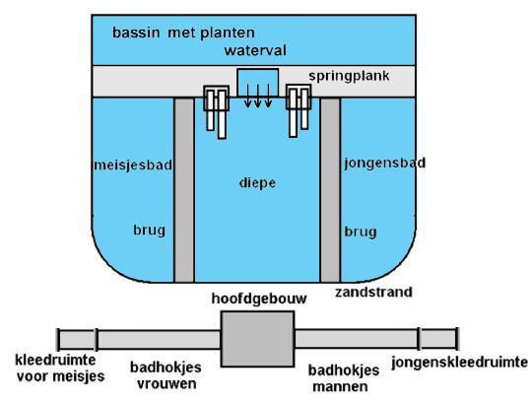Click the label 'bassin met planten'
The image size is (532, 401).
183,33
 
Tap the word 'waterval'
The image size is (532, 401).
255,50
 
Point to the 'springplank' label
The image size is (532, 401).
349,76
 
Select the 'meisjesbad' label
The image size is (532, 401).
133,166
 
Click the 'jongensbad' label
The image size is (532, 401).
385,164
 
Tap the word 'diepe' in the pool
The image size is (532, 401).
257,183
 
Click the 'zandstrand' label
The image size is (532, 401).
373,292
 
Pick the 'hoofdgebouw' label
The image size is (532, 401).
259,299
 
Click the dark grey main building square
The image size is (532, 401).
257,339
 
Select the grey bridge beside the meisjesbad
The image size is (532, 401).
184,190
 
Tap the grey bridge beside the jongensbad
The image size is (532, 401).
330,190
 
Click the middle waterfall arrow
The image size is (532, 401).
258,96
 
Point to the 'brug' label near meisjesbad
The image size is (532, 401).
150,231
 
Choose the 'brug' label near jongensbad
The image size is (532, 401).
361,233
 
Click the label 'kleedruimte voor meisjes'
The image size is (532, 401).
60,368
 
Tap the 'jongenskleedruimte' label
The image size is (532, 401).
460,363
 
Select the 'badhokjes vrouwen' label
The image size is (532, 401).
166,375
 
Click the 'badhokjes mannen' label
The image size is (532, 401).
344,378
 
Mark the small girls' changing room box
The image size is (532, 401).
77,339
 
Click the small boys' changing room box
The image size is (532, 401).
438,339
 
